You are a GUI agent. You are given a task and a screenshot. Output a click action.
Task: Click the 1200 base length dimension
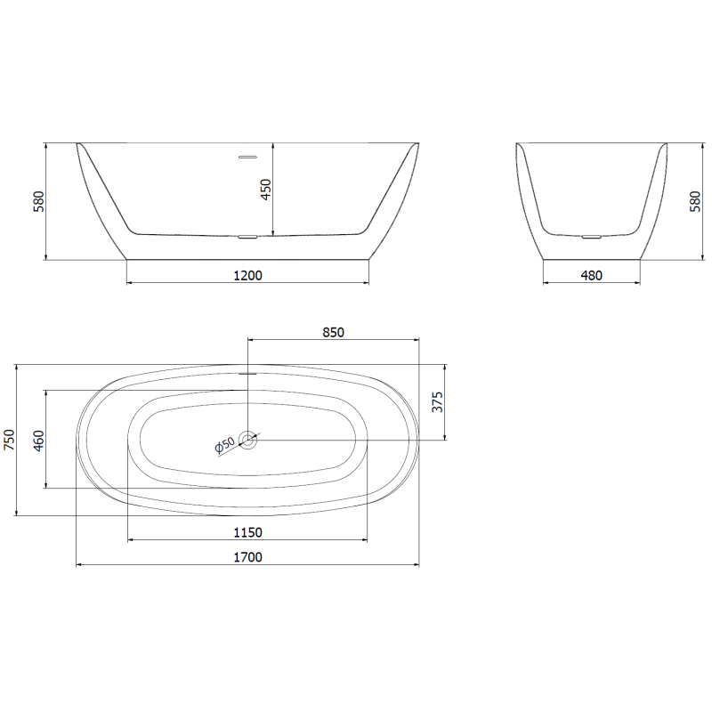point(247,275)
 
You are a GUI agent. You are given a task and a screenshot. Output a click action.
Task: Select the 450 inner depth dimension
point(266,190)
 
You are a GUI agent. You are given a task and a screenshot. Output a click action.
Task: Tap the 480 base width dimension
point(591,275)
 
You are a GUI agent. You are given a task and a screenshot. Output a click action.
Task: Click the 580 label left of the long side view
point(38,201)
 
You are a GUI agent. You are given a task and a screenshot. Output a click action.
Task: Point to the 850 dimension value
point(333,332)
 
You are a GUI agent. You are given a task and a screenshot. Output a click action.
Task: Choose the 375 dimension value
point(437,402)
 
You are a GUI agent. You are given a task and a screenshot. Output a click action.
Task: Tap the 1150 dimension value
point(247,532)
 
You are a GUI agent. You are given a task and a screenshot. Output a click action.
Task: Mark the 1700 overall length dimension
point(247,557)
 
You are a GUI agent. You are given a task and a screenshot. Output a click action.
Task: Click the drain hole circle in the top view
point(247,440)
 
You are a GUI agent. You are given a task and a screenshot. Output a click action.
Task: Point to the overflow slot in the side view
point(247,157)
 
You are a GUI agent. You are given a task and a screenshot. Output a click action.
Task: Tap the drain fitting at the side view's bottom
point(247,237)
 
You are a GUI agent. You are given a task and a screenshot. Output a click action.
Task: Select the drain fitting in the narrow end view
point(591,237)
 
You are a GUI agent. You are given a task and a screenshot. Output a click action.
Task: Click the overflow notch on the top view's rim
point(247,373)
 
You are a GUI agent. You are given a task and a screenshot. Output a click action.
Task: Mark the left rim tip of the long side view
point(77,143)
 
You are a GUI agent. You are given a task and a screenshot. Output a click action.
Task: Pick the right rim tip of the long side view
point(417,143)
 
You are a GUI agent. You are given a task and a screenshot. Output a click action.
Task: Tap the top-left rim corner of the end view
point(518,143)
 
